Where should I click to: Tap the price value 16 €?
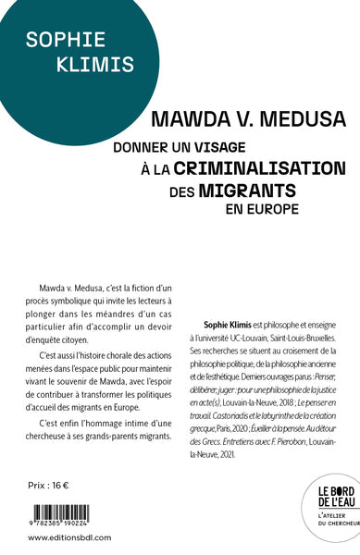click(x=72, y=486)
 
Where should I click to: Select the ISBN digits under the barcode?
click(x=75, y=524)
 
